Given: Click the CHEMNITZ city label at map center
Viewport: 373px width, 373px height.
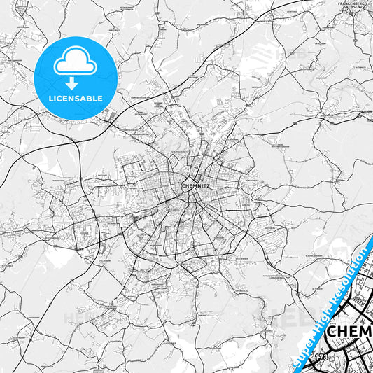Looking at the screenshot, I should [x=195, y=186].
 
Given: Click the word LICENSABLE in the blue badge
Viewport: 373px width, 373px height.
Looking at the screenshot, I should [x=76, y=98].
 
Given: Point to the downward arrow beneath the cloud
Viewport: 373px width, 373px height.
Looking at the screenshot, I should [x=76, y=80].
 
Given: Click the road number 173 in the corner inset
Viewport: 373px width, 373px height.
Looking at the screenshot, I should [x=321, y=358].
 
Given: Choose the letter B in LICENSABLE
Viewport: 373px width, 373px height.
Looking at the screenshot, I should [x=92, y=98].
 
